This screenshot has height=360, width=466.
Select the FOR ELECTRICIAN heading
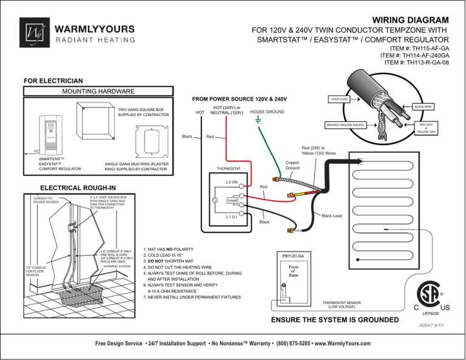point(53,81)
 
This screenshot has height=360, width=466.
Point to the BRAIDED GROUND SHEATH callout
point(344,125)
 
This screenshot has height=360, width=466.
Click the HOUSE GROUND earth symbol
point(258,121)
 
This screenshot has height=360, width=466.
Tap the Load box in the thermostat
point(232,200)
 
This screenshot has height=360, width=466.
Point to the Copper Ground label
point(292,165)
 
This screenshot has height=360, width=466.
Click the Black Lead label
point(332,216)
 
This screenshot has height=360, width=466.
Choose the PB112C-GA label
point(293,256)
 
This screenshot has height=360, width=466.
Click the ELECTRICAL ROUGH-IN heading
point(74,188)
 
